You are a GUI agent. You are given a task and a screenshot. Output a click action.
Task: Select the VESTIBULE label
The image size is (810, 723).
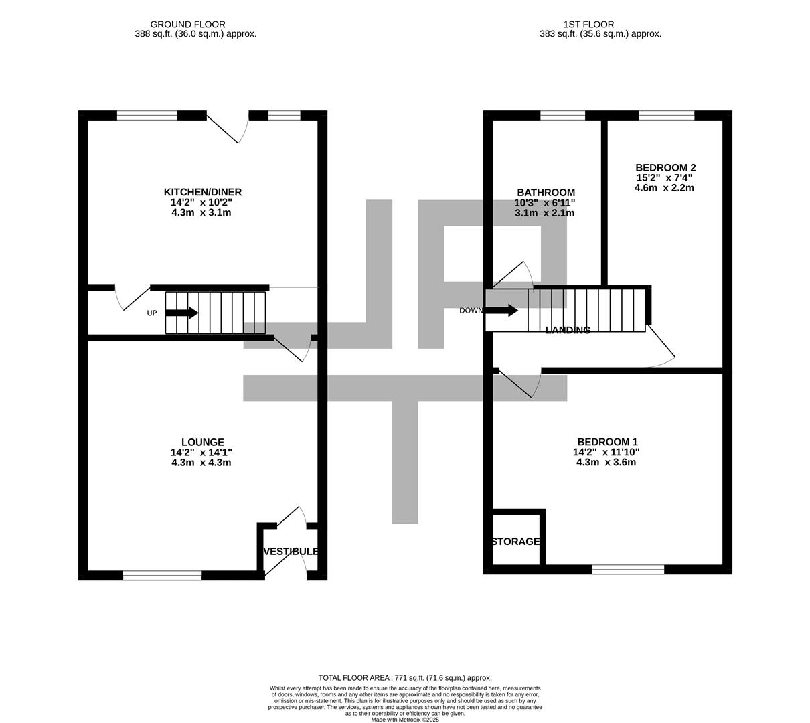[x=291, y=552]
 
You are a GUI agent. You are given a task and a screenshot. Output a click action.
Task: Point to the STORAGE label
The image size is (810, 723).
[x=515, y=542]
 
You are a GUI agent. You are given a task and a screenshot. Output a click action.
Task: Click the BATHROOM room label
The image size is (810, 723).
[x=545, y=193]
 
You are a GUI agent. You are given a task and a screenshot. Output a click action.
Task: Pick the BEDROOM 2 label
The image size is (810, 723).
[x=665, y=168]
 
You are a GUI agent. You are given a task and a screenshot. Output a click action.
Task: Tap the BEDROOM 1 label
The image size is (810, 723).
[x=606, y=442]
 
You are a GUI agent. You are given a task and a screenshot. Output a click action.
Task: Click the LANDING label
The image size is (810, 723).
[x=568, y=330]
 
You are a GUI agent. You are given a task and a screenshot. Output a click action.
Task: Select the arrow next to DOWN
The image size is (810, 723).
[x=501, y=311]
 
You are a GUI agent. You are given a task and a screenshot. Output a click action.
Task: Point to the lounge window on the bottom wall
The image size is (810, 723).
[x=162, y=575]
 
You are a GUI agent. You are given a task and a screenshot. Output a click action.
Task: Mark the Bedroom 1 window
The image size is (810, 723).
[x=628, y=570]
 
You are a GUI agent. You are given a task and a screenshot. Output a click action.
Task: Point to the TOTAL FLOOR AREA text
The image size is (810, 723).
[x=405, y=677]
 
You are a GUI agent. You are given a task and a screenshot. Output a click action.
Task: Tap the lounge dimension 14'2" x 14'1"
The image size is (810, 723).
[x=201, y=453]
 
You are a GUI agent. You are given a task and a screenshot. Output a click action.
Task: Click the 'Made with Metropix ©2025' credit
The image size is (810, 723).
[x=405, y=720]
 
